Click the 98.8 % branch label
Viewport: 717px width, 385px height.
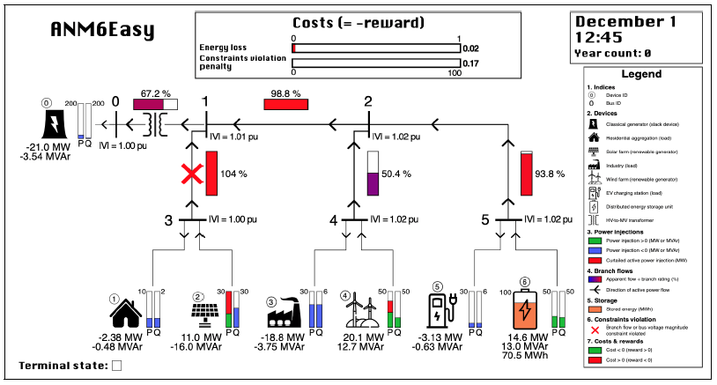285,92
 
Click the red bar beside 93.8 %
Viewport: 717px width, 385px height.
527,174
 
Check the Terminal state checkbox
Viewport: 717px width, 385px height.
116,366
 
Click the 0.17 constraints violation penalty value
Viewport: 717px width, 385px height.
470,63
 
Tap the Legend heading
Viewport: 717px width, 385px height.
640,75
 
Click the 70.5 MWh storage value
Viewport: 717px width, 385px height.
523,357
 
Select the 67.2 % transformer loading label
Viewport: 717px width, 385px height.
155,92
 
